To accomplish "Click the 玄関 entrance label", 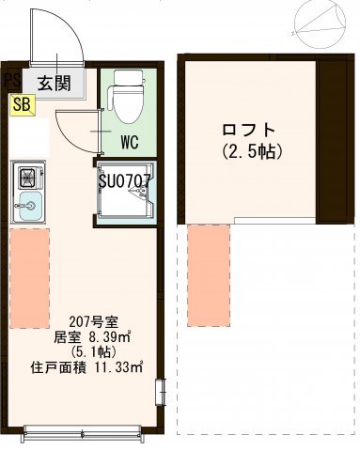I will (x=55, y=83).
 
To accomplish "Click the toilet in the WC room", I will (x=124, y=100).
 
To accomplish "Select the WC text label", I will (x=132, y=144).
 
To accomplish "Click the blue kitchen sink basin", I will (x=28, y=207).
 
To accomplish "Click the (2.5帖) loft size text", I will (x=252, y=150).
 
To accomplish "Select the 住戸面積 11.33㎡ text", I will (x=86, y=367).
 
